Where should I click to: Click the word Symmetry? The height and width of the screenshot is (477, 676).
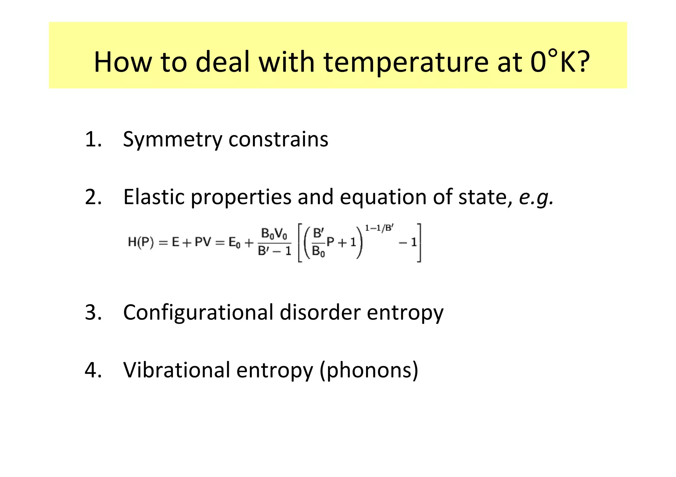coord(172,140)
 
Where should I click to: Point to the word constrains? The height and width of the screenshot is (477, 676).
coord(278,139)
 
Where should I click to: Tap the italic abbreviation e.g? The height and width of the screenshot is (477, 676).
coord(536,197)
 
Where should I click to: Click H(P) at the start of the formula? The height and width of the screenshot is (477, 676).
coord(141,243)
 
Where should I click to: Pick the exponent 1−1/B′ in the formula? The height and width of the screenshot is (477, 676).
coord(379,228)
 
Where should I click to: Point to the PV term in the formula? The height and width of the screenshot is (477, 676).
coord(203,243)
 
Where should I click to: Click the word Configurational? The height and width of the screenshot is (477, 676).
coord(198,312)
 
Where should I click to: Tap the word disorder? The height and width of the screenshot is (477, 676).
coord(320,312)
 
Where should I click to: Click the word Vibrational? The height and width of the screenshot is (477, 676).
coord(177,370)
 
